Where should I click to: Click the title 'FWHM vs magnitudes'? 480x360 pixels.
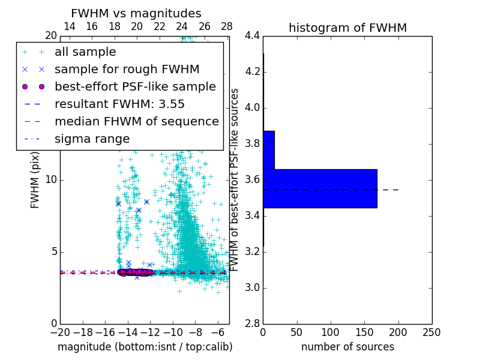tap(136, 13)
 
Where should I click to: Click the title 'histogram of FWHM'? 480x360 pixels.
tap(347, 28)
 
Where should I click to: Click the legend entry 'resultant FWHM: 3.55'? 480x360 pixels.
tap(119, 104)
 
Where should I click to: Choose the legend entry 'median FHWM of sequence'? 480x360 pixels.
tap(136, 121)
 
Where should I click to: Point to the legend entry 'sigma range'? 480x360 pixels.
tap(92, 139)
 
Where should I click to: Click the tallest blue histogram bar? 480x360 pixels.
tap(320, 188)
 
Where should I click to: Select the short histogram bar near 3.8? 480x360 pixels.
tap(268, 150)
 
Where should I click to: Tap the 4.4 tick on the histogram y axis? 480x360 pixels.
tap(251, 36)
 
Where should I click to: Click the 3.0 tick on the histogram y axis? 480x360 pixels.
tap(251, 288)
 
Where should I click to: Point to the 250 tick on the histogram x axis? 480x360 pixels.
tap(431, 332)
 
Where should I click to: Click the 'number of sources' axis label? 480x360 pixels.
tap(347, 347)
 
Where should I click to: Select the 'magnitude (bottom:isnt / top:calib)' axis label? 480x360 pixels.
tap(145, 347)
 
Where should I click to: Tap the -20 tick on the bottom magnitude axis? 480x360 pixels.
tap(60, 332)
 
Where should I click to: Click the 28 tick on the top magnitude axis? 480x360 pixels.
tap(227, 26)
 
